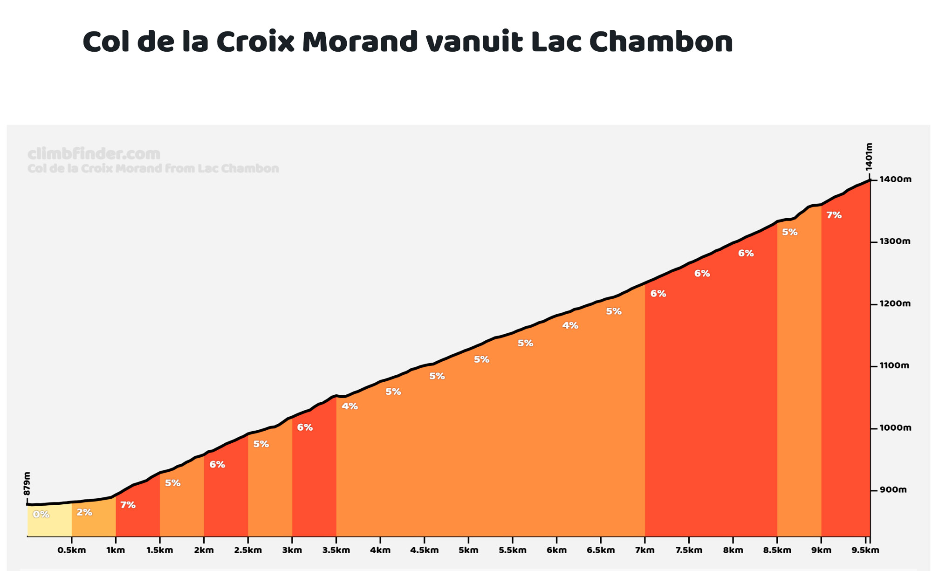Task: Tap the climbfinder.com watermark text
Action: pyautogui.click(x=94, y=154)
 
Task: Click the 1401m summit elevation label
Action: pyautogui.click(x=869, y=157)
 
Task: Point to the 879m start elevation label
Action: pyautogui.click(x=27, y=484)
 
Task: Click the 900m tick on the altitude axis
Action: pyautogui.click(x=892, y=490)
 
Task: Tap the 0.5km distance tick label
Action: pyautogui.click(x=71, y=550)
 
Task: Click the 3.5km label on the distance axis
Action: pyautogui.click(x=336, y=550)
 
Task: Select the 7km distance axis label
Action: pyautogui.click(x=644, y=550)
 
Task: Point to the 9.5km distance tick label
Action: pyautogui.click(x=865, y=550)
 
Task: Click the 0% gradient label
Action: pyautogui.click(x=41, y=515)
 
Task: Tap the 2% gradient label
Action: pyautogui.click(x=84, y=513)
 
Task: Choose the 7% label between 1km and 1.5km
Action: pyautogui.click(x=128, y=505)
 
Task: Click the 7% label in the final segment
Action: pyautogui.click(x=834, y=215)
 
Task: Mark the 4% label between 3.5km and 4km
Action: pyautogui.click(x=349, y=406)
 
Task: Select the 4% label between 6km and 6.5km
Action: pyautogui.click(x=570, y=326)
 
